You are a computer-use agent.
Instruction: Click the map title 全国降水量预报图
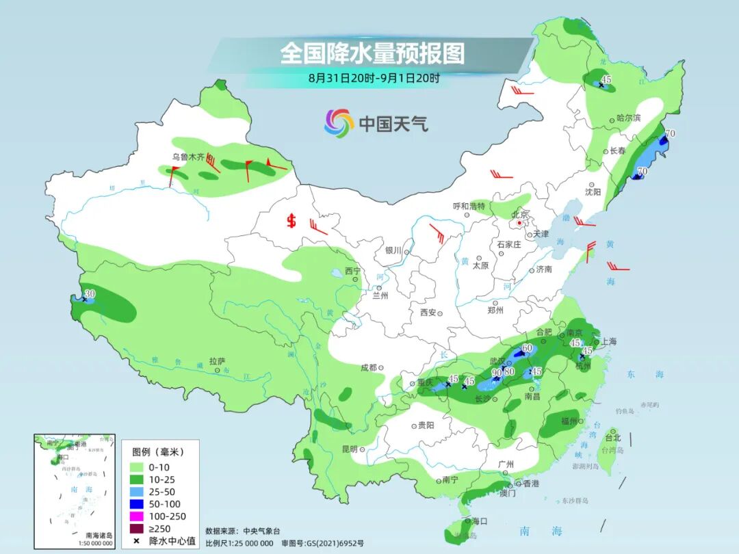point(372,53)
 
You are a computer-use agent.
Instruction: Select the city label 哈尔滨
point(628,118)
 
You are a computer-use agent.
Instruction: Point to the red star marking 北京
point(520,223)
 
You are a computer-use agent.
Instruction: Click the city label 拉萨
point(217,360)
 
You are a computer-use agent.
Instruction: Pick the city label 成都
point(369,367)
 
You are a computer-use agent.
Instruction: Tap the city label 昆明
point(348,449)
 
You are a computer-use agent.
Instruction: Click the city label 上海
point(608,341)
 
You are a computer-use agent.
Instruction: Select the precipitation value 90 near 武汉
point(497,372)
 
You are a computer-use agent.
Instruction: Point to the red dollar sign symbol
point(291,221)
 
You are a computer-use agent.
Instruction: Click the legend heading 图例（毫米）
point(158,452)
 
